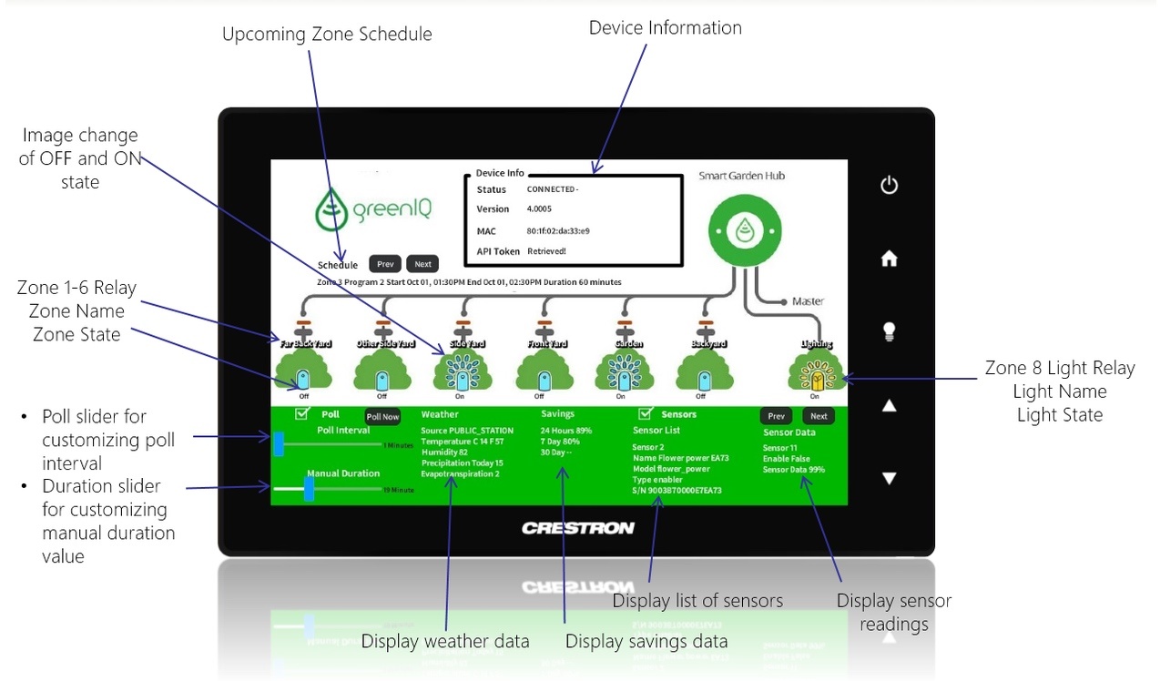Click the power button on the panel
click(x=889, y=186)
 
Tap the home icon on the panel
click(x=889, y=259)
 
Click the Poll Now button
click(x=382, y=416)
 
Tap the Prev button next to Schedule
click(x=385, y=264)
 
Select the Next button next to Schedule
click(x=422, y=264)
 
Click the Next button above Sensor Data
click(x=819, y=416)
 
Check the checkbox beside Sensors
click(x=646, y=413)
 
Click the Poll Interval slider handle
click(x=279, y=443)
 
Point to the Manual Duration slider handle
click(x=309, y=489)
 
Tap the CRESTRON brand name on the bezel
click(x=577, y=528)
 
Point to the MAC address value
click(x=557, y=230)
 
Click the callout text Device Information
click(x=665, y=28)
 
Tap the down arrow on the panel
click(x=890, y=478)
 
